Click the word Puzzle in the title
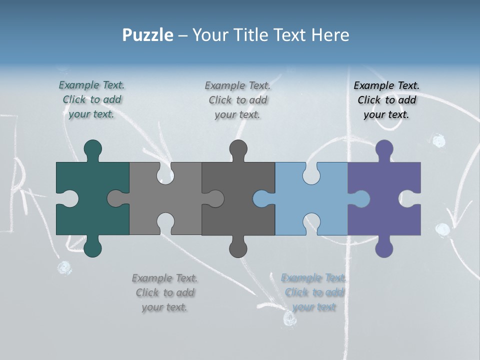click(148, 35)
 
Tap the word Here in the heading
click(330, 35)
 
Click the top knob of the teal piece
click(93, 148)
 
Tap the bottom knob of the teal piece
click(93, 247)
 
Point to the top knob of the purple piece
click(384, 148)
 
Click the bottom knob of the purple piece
click(384, 247)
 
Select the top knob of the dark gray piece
click(238, 148)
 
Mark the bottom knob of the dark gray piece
click(238, 247)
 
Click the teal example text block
click(92, 99)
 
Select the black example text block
click(386, 100)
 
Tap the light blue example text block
click(314, 292)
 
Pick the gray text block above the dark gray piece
click(238, 100)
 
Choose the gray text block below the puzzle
click(165, 292)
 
